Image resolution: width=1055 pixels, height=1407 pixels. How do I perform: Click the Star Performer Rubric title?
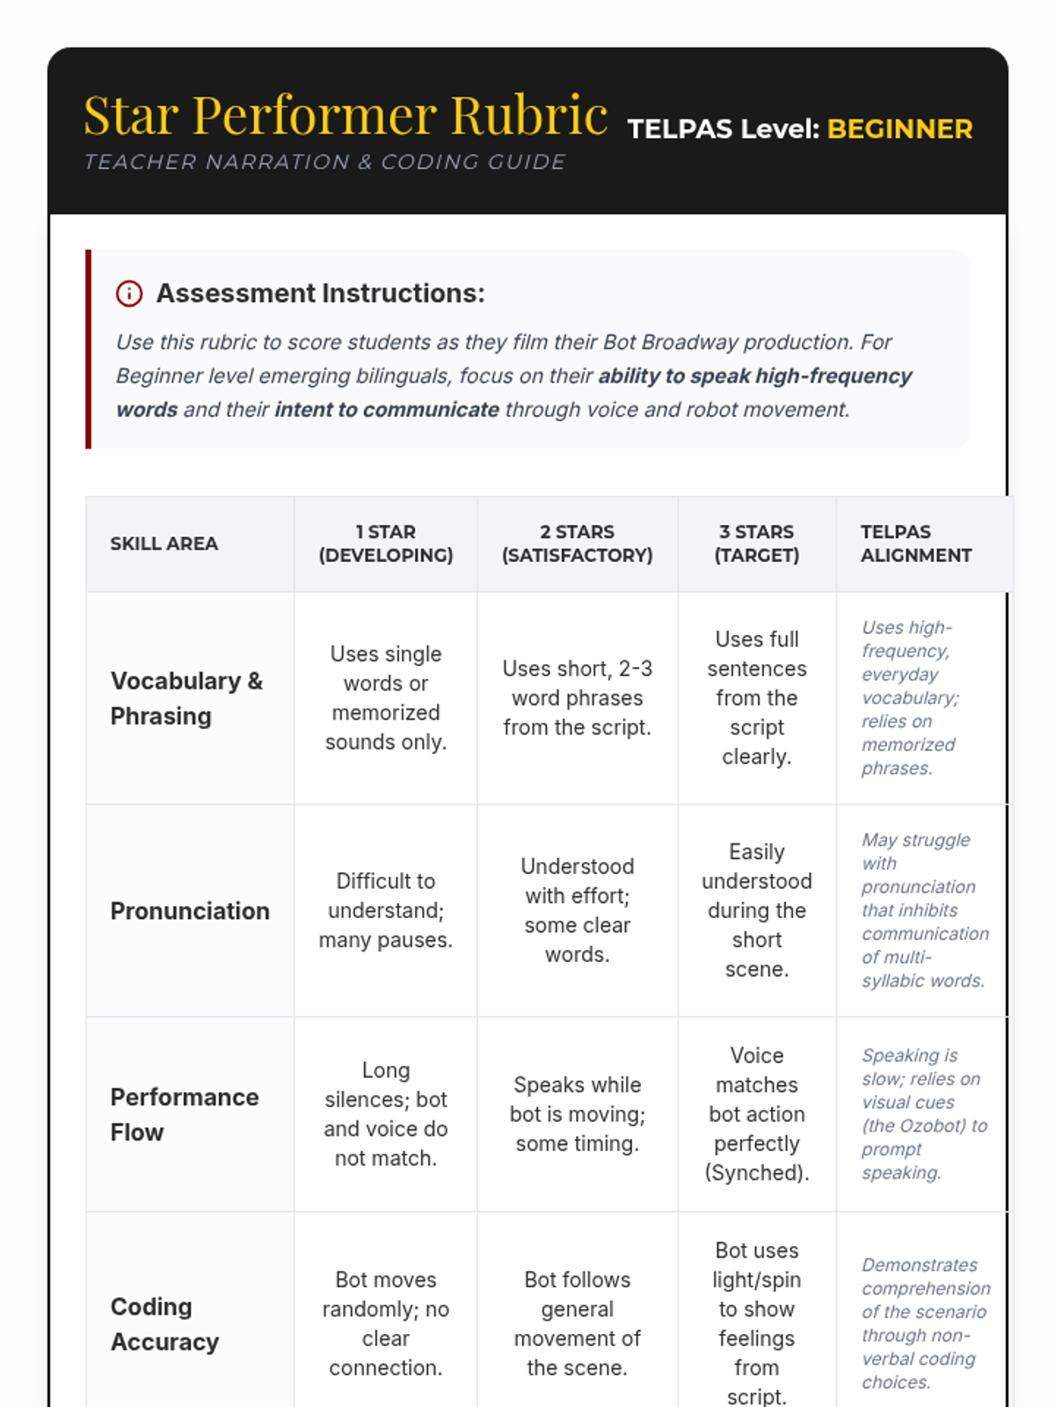point(346,115)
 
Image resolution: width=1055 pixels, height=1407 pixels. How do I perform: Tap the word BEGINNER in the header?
point(899,129)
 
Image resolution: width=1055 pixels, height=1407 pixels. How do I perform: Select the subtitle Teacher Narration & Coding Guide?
point(324,163)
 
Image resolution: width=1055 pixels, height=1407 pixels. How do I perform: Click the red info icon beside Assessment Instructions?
point(129,294)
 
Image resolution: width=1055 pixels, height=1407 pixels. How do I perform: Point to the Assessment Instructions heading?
point(320,294)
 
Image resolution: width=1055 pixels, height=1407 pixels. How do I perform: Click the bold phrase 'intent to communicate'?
point(387,410)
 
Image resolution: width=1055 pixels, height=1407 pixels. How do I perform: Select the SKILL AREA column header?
point(164,543)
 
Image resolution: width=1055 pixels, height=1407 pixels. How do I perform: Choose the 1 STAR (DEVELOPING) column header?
point(386,543)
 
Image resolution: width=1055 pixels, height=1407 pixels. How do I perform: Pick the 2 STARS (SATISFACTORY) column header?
point(577,543)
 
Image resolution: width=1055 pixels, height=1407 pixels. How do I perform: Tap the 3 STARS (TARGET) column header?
point(757,543)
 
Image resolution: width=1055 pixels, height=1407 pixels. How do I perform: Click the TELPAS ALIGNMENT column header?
point(915,543)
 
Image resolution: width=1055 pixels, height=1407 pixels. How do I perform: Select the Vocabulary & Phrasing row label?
point(186,698)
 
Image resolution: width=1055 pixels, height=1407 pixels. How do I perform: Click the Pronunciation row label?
point(190,911)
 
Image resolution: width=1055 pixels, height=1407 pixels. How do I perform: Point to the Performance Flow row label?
point(185,1114)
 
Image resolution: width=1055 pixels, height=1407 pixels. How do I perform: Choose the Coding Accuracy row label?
point(164,1324)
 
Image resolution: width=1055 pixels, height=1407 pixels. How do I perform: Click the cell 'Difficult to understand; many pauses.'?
point(386,911)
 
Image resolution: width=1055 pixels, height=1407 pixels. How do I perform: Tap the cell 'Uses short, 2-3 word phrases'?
point(577,698)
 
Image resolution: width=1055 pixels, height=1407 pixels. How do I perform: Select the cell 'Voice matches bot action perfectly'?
point(757,1114)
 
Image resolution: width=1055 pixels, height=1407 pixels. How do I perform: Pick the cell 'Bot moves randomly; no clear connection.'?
point(386,1323)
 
